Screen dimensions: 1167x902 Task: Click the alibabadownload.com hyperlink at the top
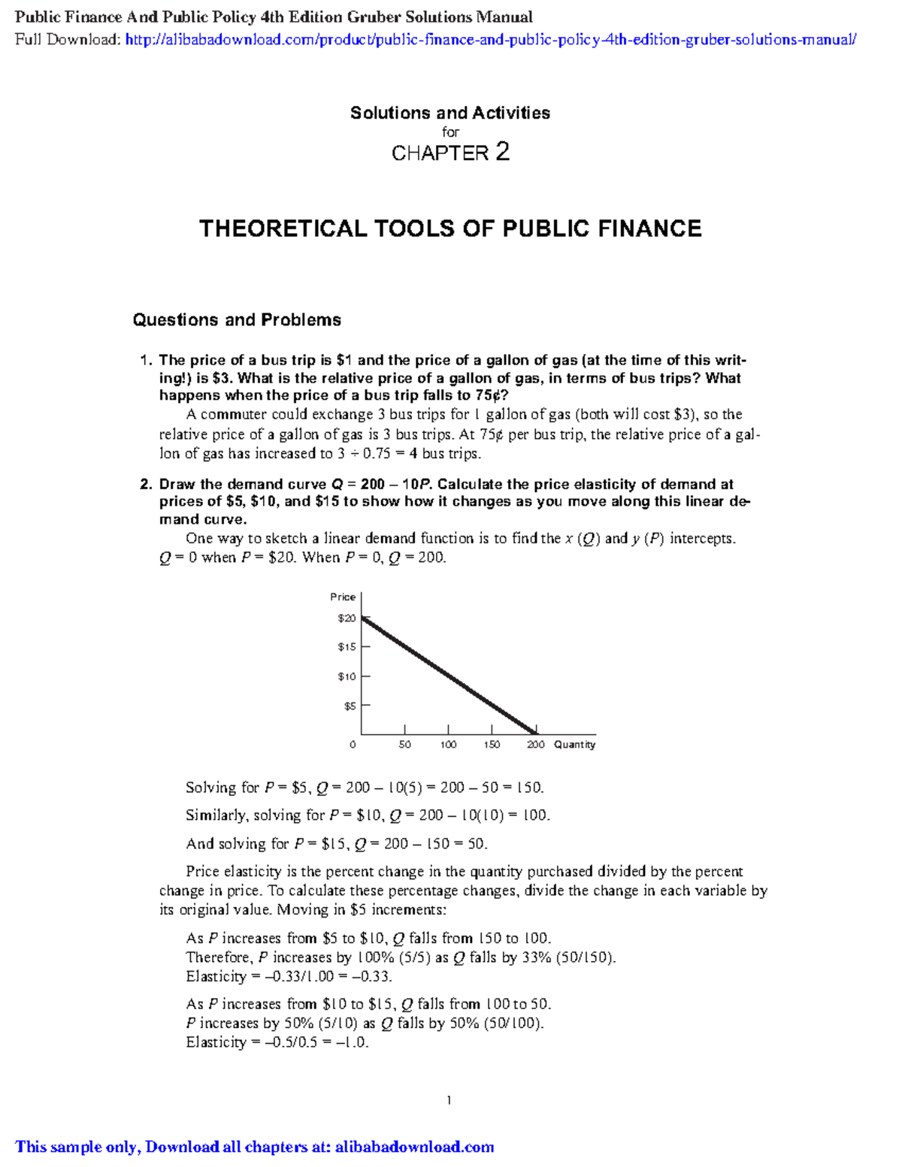point(490,40)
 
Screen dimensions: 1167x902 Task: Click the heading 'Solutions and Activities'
point(449,113)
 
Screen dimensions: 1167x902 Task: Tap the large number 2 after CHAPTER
point(502,152)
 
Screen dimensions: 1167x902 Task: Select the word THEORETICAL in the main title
point(282,228)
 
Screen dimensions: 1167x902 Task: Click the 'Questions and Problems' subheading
point(237,320)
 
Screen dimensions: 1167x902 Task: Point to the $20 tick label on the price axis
point(347,618)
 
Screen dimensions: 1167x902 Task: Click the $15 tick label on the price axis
point(347,647)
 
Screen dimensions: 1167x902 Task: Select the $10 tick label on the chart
point(347,676)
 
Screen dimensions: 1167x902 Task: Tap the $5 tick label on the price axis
point(350,706)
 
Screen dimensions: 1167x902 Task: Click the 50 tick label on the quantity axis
point(404,745)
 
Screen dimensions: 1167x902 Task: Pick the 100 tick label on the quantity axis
point(448,745)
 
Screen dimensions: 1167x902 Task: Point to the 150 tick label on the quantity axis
point(492,745)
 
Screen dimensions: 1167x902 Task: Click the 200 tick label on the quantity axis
point(535,745)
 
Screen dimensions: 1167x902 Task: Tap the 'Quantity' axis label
point(574,745)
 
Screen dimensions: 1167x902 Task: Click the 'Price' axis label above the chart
point(343,597)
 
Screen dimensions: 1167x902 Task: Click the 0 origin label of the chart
point(353,745)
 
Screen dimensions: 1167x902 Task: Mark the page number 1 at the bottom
point(449,1101)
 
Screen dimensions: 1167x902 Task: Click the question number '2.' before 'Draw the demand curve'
point(146,485)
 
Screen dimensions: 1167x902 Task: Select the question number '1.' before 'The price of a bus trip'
point(146,361)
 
